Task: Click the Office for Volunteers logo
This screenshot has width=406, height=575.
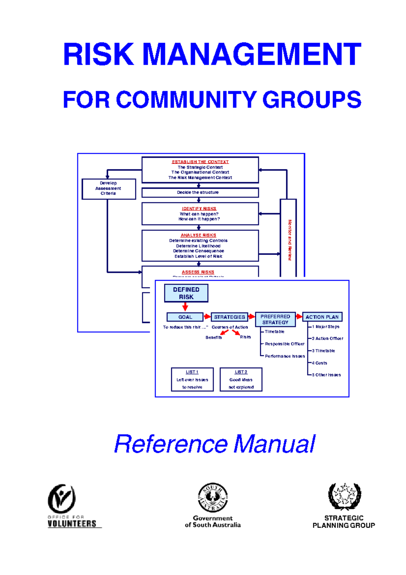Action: [62, 498]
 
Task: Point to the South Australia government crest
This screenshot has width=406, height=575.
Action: [212, 497]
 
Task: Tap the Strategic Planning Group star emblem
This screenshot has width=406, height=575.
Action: [344, 496]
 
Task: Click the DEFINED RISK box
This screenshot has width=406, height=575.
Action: [186, 293]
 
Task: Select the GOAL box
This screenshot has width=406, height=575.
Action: [185, 317]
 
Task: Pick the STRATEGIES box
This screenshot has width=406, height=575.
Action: [229, 317]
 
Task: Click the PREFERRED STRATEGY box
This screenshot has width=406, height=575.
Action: [275, 319]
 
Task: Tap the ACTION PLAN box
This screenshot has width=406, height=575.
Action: [322, 317]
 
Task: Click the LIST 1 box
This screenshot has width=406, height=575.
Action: [192, 379]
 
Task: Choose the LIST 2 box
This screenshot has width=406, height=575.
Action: [241, 379]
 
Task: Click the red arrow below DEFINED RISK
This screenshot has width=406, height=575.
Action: [185, 307]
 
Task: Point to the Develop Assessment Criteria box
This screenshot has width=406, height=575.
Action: [108, 189]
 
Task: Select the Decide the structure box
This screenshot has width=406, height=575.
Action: [200, 192]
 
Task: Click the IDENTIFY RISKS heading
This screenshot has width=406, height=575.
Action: [199, 209]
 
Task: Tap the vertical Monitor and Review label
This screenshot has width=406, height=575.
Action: [290, 240]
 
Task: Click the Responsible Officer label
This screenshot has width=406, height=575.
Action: [285, 344]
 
